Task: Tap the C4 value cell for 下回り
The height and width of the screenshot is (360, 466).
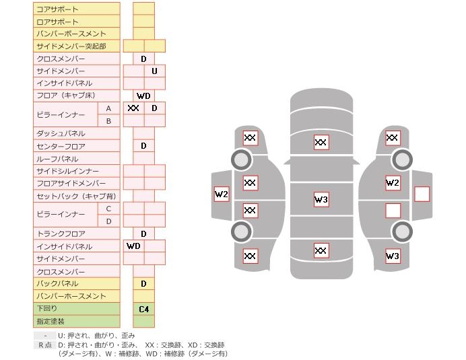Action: (x=144, y=310)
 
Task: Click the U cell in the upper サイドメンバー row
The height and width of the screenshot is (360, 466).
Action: (x=154, y=71)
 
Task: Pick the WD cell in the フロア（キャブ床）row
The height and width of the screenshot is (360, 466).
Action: (x=144, y=96)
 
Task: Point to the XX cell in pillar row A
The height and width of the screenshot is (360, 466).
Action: (x=133, y=108)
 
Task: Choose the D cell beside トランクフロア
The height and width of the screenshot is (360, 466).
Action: (x=144, y=233)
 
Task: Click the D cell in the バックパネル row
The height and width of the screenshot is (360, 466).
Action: (x=144, y=284)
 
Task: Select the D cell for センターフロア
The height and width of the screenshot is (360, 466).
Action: (x=144, y=146)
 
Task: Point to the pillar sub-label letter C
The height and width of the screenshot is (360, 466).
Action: (x=109, y=209)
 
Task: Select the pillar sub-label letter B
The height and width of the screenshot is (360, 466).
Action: (x=109, y=121)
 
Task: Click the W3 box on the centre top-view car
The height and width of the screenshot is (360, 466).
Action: (x=321, y=199)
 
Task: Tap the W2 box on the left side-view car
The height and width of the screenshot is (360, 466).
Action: (x=222, y=194)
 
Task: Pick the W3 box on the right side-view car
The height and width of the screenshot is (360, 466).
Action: (x=393, y=256)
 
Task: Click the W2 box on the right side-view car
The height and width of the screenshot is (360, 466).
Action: (x=393, y=182)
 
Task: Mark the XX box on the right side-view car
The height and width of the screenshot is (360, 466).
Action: (x=393, y=138)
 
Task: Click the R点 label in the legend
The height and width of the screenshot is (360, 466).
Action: (x=45, y=345)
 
